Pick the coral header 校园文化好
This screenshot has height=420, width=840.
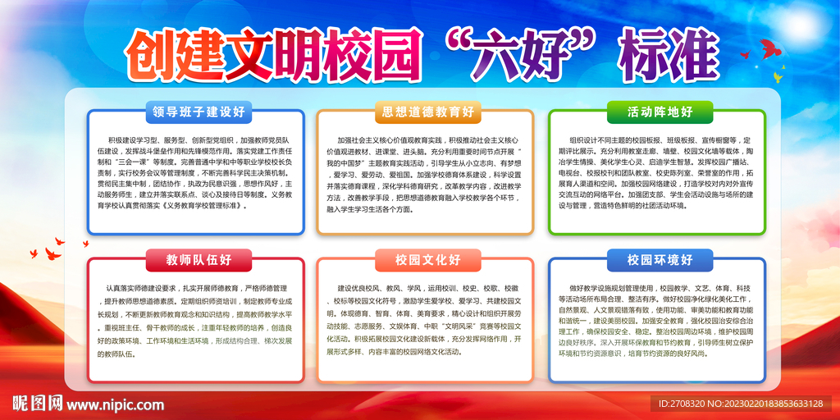click(x=425, y=261)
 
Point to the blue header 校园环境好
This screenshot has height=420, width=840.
click(x=660, y=261)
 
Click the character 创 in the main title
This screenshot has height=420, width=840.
click(x=156, y=52)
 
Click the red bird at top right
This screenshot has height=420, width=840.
click(x=769, y=49)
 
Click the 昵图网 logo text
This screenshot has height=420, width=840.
click(x=37, y=403)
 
